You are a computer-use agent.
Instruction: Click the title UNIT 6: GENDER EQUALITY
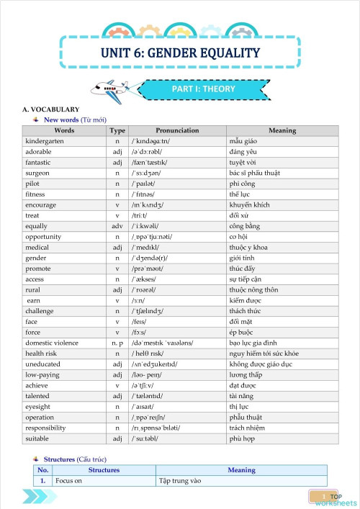(x=179, y=52)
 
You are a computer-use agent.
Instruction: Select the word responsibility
(x=48, y=428)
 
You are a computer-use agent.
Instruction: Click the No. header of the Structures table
(x=43, y=470)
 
